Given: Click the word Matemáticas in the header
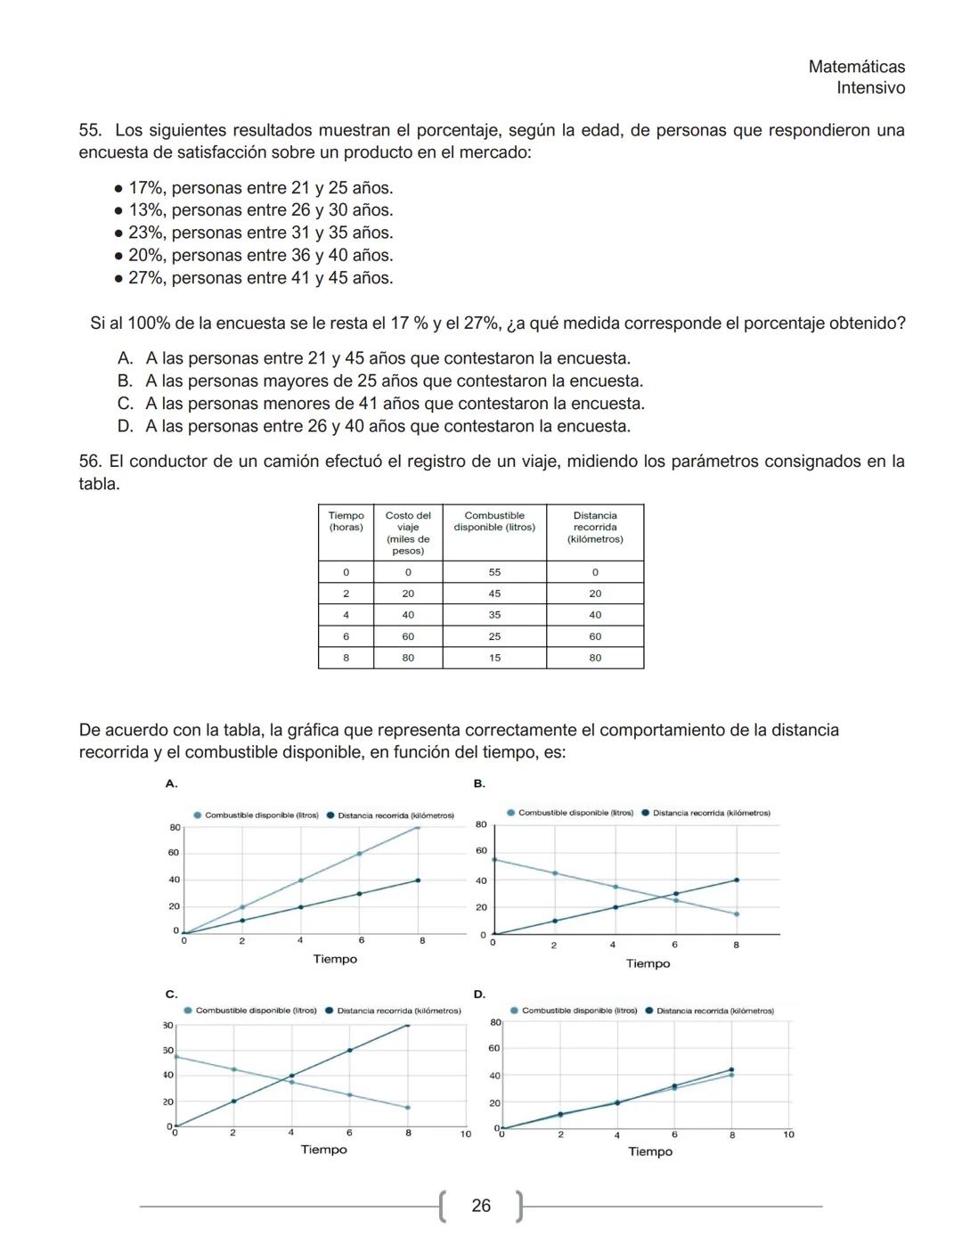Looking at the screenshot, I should coord(856,67).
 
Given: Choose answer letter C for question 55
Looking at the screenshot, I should coord(126,404).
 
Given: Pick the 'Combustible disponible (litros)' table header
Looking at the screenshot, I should coord(494,521).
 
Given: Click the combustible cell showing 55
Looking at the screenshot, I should coord(494,572).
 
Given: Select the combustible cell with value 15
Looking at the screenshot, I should coord(494,658).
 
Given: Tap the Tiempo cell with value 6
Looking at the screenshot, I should coord(346,636).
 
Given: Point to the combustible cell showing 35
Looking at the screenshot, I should coord(494,615).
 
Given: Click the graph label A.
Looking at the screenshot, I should coord(171,783).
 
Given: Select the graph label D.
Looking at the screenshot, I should coord(479,994).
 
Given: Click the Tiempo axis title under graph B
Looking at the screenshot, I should coord(648,963).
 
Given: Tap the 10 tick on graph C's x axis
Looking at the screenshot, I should coord(465,1134).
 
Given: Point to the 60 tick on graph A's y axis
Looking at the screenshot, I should coord(174,853).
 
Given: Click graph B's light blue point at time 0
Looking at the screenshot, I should coord(493,860).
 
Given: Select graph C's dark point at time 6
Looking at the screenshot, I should coord(349,1050).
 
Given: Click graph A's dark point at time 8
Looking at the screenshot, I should coord(418,881).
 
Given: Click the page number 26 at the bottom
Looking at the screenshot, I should coord(481,1206).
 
